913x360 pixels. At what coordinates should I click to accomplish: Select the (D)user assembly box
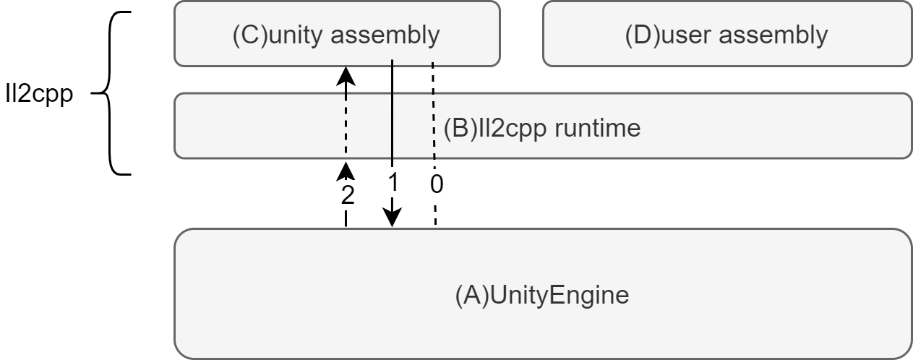726,34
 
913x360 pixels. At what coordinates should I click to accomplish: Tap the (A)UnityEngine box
542,325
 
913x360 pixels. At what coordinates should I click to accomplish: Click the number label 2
348,196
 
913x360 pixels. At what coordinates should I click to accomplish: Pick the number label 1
393,183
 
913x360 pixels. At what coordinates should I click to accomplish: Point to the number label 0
436,184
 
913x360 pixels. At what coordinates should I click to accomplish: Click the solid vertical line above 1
391,108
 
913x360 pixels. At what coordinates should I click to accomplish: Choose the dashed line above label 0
433,108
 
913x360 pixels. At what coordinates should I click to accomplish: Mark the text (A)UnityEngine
541,296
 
